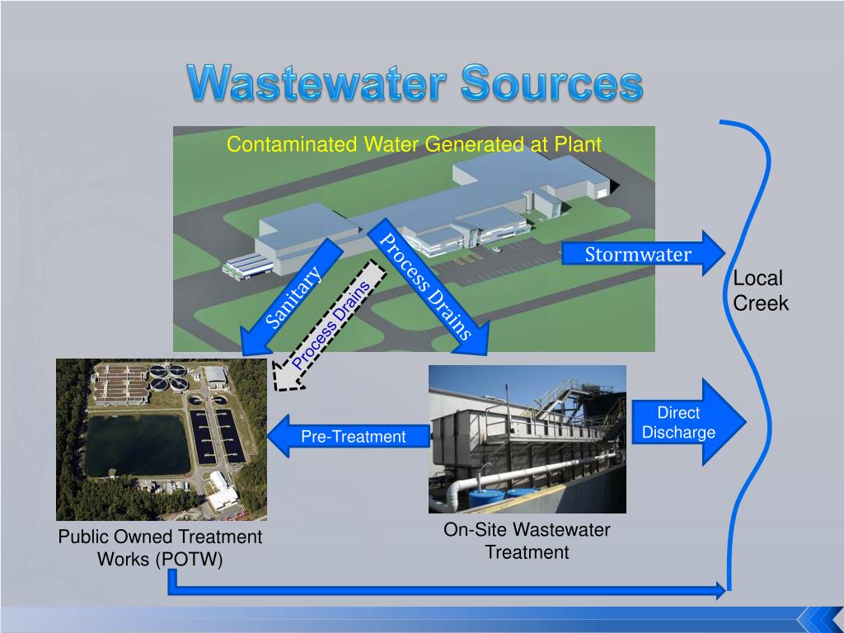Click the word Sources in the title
[551, 84]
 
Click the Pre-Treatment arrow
[350, 436]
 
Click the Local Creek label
[759, 291]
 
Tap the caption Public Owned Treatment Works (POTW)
[160, 548]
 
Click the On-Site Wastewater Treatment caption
[527, 542]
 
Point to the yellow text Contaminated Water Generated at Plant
[414, 145]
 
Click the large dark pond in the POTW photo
[136, 445]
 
